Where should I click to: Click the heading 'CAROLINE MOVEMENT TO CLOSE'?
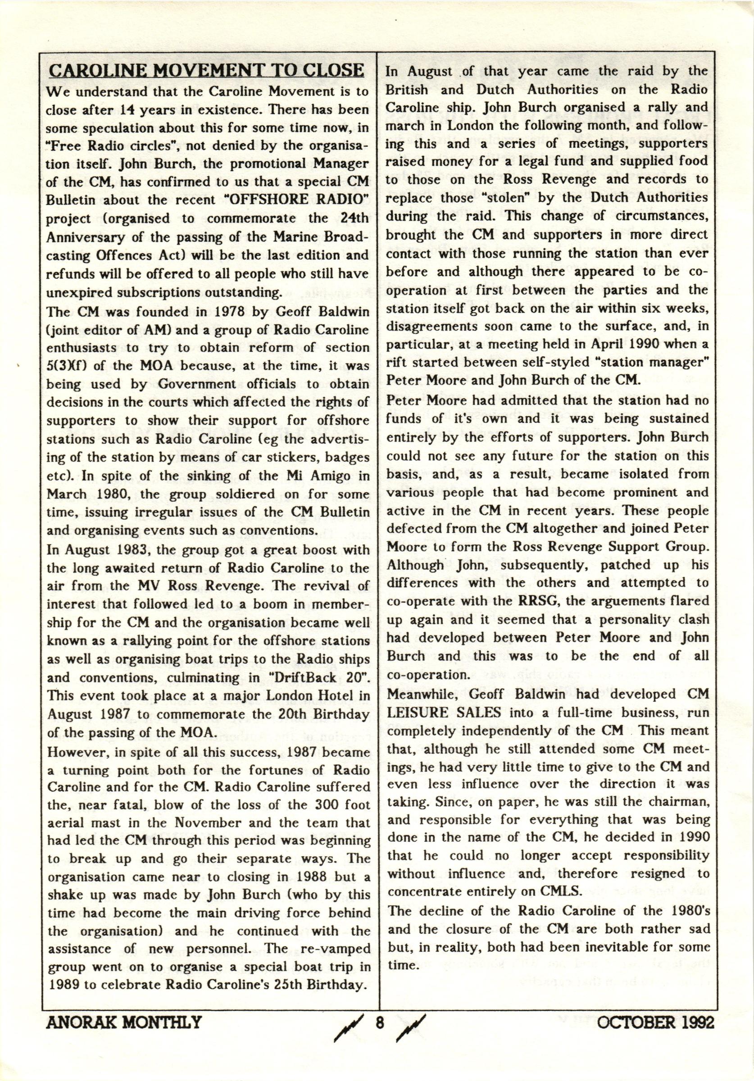206,70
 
